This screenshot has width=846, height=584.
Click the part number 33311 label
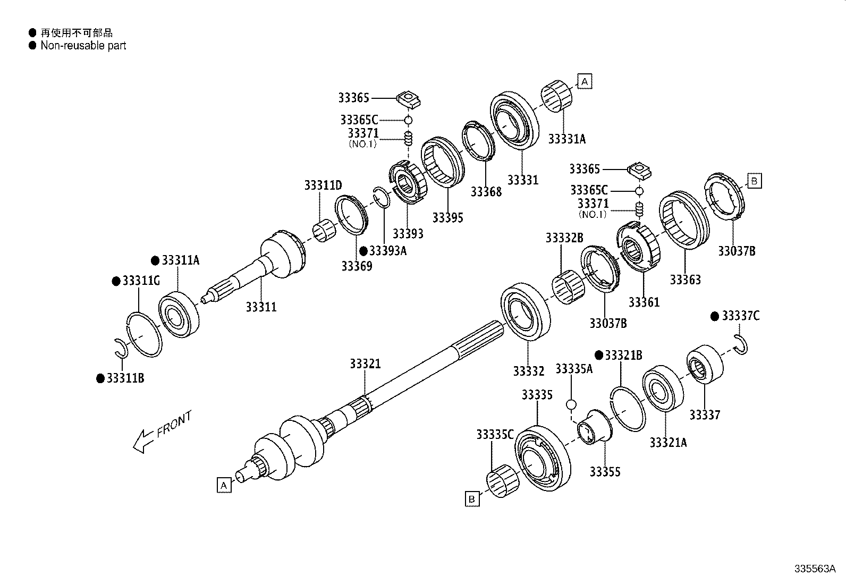point(261,307)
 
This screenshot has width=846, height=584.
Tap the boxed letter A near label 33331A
point(585,81)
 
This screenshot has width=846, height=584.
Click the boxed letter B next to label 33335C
point(471,499)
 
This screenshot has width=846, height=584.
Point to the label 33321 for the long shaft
point(365,364)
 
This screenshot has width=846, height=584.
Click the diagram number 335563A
point(815,569)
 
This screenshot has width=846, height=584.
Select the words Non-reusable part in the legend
point(83,46)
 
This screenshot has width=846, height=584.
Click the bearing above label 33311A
point(179,315)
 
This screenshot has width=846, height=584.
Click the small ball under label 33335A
point(571,405)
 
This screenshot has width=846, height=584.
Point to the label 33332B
point(564,238)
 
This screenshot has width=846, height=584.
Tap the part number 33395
point(447,217)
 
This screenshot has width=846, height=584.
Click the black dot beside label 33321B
point(598,355)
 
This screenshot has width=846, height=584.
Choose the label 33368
point(486,192)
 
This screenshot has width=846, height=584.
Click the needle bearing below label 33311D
point(323,232)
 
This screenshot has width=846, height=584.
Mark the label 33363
point(685,280)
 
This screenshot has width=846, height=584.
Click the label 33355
point(605,472)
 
